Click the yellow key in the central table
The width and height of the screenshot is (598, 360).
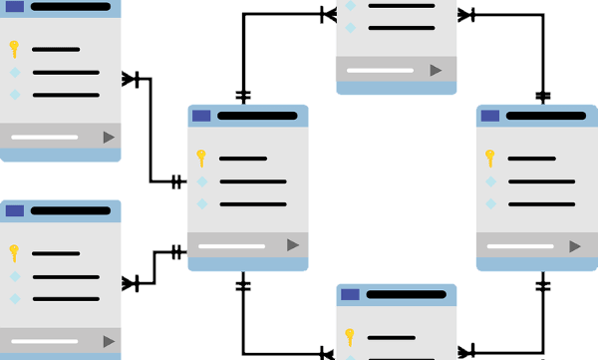point(200,158)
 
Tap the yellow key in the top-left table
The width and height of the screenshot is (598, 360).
point(14,48)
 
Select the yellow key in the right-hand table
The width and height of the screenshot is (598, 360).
point(489,158)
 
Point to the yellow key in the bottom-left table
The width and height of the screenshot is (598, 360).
point(14,252)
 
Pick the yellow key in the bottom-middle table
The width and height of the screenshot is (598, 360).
point(350,336)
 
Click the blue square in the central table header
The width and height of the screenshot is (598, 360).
point(201,116)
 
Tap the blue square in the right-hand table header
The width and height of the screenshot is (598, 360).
point(490,116)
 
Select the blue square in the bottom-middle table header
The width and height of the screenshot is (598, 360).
point(350,294)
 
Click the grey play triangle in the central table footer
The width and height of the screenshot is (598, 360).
point(293,244)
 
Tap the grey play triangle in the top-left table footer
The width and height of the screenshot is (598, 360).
point(109,137)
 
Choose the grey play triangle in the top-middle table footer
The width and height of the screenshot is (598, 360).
point(436,70)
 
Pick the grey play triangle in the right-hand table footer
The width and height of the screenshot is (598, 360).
point(575,245)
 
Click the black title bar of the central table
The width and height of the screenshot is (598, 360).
point(257,116)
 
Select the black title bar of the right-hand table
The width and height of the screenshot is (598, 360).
point(546,116)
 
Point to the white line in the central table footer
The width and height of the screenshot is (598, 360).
point(232,245)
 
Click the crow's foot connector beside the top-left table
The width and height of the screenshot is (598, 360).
point(131,79)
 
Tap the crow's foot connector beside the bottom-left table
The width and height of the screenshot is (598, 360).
point(131,284)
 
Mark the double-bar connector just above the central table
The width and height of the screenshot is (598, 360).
point(243,97)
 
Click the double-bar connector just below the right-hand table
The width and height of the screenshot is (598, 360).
point(542,285)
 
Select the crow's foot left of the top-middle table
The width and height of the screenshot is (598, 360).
point(328,15)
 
